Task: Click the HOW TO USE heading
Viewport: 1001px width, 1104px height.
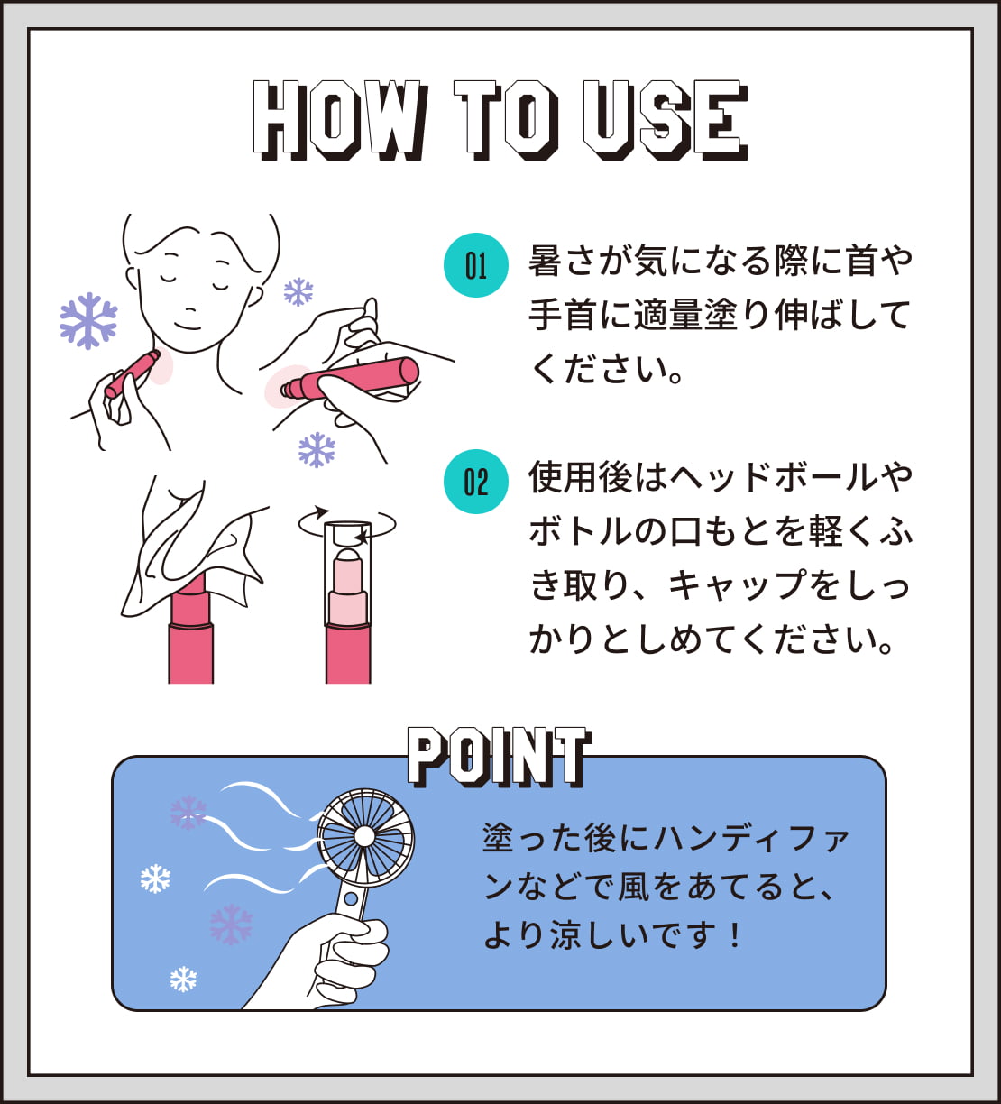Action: (500, 120)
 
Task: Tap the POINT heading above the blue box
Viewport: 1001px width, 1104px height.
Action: (499, 757)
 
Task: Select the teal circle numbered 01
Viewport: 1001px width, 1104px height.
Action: (475, 265)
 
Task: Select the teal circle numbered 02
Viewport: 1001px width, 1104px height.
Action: (475, 482)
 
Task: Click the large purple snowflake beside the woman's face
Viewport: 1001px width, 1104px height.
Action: (88, 321)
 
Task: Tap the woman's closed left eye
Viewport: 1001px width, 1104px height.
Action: (219, 284)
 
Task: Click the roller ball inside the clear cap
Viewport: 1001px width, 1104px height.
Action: (348, 557)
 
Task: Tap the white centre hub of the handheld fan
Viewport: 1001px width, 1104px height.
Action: (363, 836)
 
